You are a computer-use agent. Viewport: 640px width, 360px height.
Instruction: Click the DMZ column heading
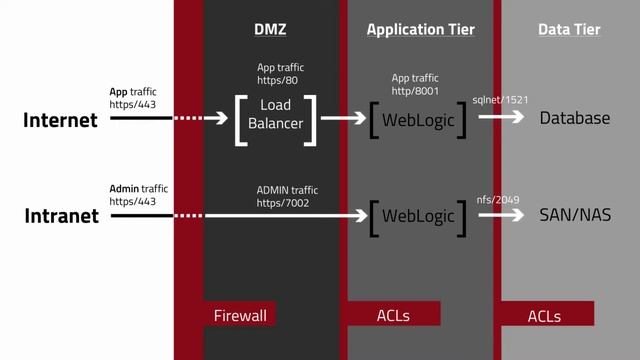[x=270, y=30]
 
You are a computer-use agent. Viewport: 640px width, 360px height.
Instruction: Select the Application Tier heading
[x=420, y=30]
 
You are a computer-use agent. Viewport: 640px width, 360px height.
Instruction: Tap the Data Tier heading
[x=569, y=30]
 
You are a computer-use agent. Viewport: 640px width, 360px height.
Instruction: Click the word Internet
[x=60, y=120]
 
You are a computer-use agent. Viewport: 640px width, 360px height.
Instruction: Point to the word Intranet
[x=60, y=216]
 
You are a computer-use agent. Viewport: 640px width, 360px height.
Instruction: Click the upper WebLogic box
[x=418, y=119]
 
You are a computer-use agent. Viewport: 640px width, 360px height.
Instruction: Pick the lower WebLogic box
[x=418, y=216]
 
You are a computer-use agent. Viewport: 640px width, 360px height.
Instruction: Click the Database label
[x=574, y=118]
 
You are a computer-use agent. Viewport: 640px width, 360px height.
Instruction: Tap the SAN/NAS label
[x=575, y=216]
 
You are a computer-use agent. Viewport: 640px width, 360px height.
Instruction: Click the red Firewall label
[x=240, y=315]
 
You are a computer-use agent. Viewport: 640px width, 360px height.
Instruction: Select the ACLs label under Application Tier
[x=393, y=315]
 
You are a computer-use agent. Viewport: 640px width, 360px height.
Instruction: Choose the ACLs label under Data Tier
[x=544, y=316]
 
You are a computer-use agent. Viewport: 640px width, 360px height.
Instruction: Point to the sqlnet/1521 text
[x=500, y=101]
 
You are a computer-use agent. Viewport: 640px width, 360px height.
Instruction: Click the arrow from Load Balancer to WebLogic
[x=343, y=118]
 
